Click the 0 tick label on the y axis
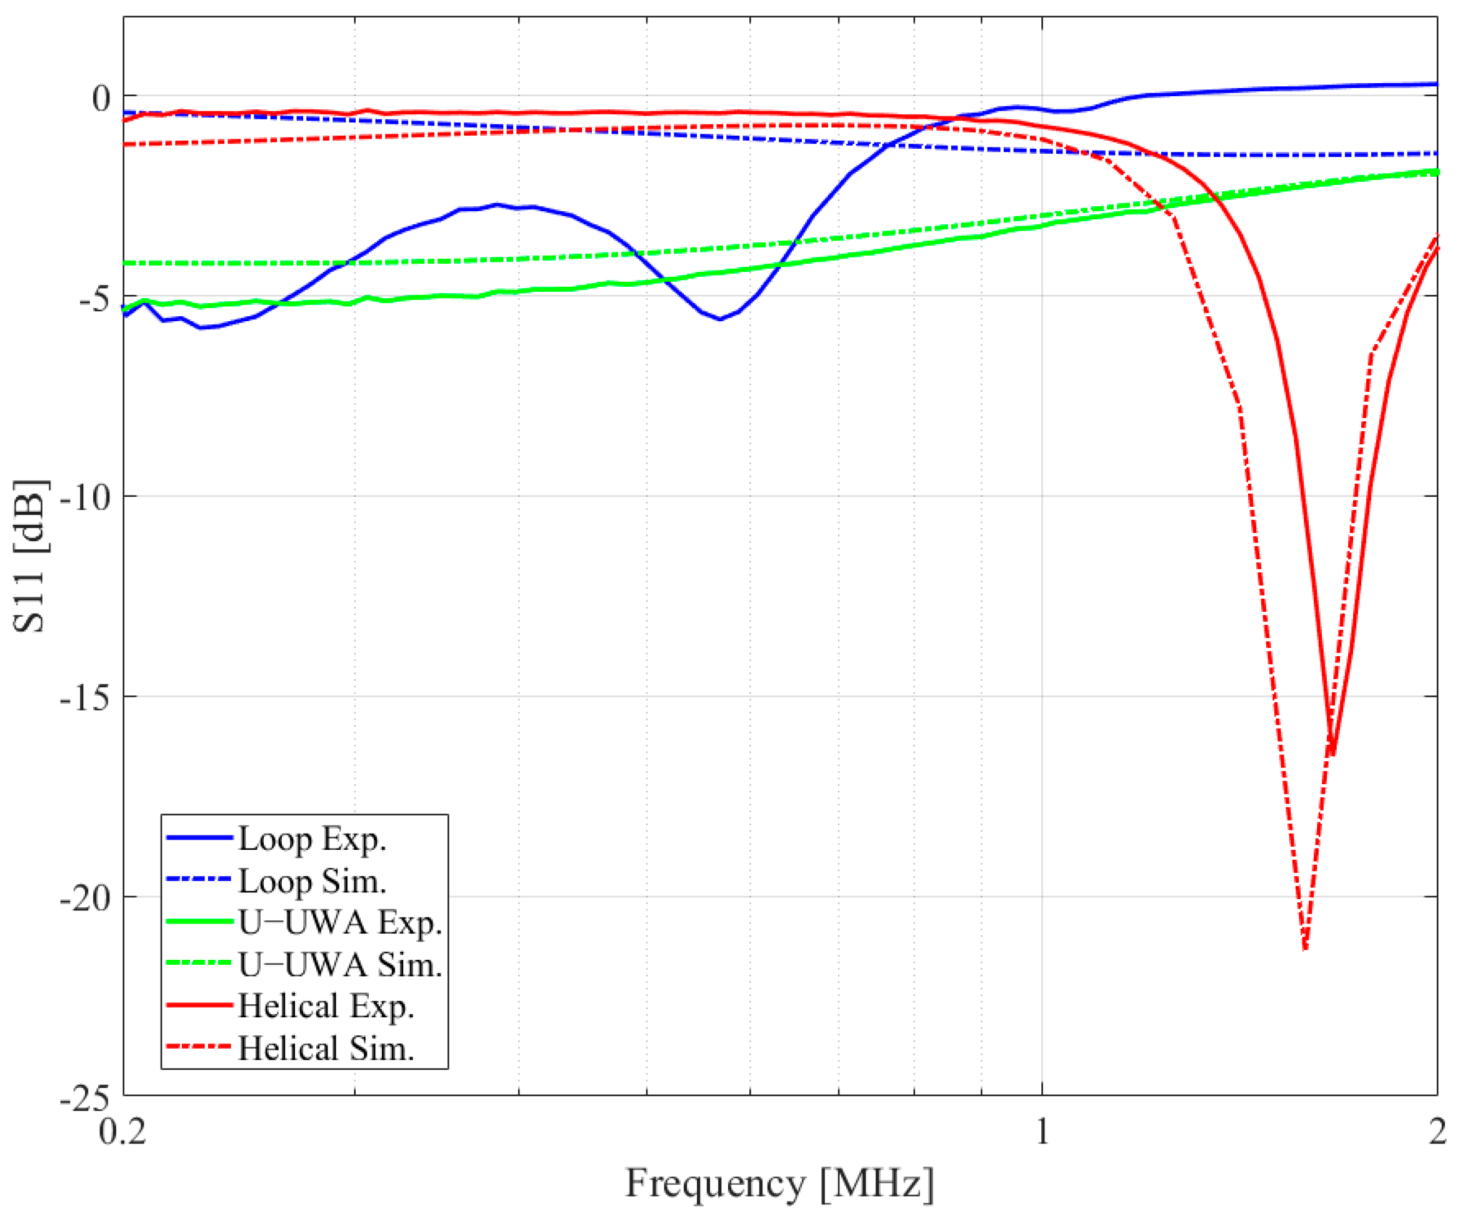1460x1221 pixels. pyautogui.click(x=101, y=98)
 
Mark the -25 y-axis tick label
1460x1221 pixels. pyautogui.click(x=86, y=1099)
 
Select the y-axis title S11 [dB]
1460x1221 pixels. pyautogui.click(x=29, y=556)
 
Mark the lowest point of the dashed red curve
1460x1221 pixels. pyautogui.click(x=1305, y=949)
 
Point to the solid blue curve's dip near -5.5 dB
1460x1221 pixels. pyautogui.click(x=720, y=319)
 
